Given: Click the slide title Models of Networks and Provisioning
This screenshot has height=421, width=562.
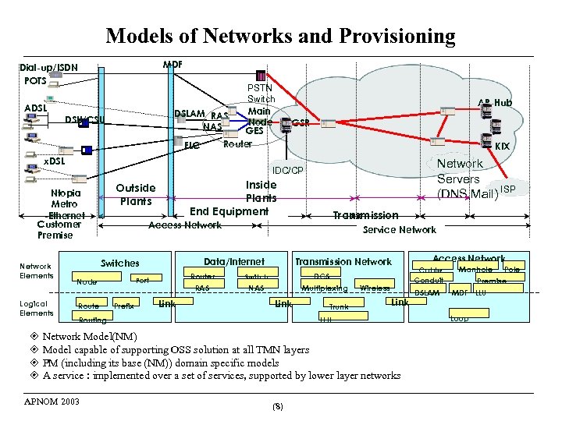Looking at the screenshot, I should (280, 36).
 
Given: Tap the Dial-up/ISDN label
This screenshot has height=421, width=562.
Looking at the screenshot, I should (49, 67).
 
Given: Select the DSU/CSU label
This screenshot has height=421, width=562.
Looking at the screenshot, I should (84, 119).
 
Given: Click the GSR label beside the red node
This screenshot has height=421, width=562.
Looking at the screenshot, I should (301, 123).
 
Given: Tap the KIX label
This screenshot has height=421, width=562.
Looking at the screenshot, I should (503, 146).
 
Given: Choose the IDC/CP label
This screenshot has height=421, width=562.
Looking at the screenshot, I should (288, 170).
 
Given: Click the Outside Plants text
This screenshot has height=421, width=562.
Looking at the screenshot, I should (136, 194).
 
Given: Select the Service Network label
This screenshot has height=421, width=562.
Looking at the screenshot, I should (400, 229).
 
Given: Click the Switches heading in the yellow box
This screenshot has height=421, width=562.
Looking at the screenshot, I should (120, 264).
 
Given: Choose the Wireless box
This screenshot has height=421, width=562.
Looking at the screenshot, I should (375, 288).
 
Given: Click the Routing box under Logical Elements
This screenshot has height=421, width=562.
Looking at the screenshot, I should (93, 320).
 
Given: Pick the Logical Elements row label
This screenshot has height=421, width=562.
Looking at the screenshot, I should (36, 308).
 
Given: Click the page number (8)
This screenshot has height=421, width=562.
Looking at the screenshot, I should (278, 407).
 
